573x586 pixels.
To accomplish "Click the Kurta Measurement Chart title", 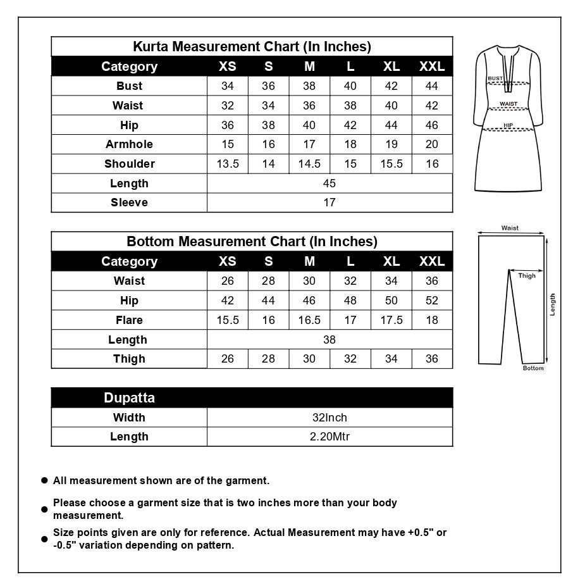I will [x=252, y=47].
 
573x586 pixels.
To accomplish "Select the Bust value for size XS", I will [x=228, y=86].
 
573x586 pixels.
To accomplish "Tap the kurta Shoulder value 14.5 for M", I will [x=309, y=164].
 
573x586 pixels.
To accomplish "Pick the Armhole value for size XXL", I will [x=432, y=144].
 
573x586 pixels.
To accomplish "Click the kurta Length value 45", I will [x=330, y=184].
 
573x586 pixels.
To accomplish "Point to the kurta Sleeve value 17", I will [x=330, y=203].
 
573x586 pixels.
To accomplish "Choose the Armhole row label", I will [x=129, y=144].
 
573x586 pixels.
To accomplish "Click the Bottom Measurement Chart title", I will [x=252, y=242].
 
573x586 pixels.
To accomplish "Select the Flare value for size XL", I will [x=391, y=320].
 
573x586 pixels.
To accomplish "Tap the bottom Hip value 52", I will [x=432, y=301].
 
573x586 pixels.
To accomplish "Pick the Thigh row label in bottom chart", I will [x=129, y=359].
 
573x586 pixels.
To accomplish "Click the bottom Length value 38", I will [x=330, y=340].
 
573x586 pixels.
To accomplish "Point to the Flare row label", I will [x=129, y=320].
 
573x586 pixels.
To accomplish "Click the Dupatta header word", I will [x=129, y=398].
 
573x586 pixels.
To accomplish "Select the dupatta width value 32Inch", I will [x=330, y=418].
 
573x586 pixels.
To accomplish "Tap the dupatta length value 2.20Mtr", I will [x=330, y=437].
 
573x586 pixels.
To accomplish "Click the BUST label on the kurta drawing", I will [x=495, y=78].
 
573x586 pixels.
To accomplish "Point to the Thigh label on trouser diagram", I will [x=527, y=276].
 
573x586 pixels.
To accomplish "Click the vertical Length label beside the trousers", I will [x=553, y=304].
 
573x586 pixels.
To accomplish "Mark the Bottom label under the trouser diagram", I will [x=533, y=368].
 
